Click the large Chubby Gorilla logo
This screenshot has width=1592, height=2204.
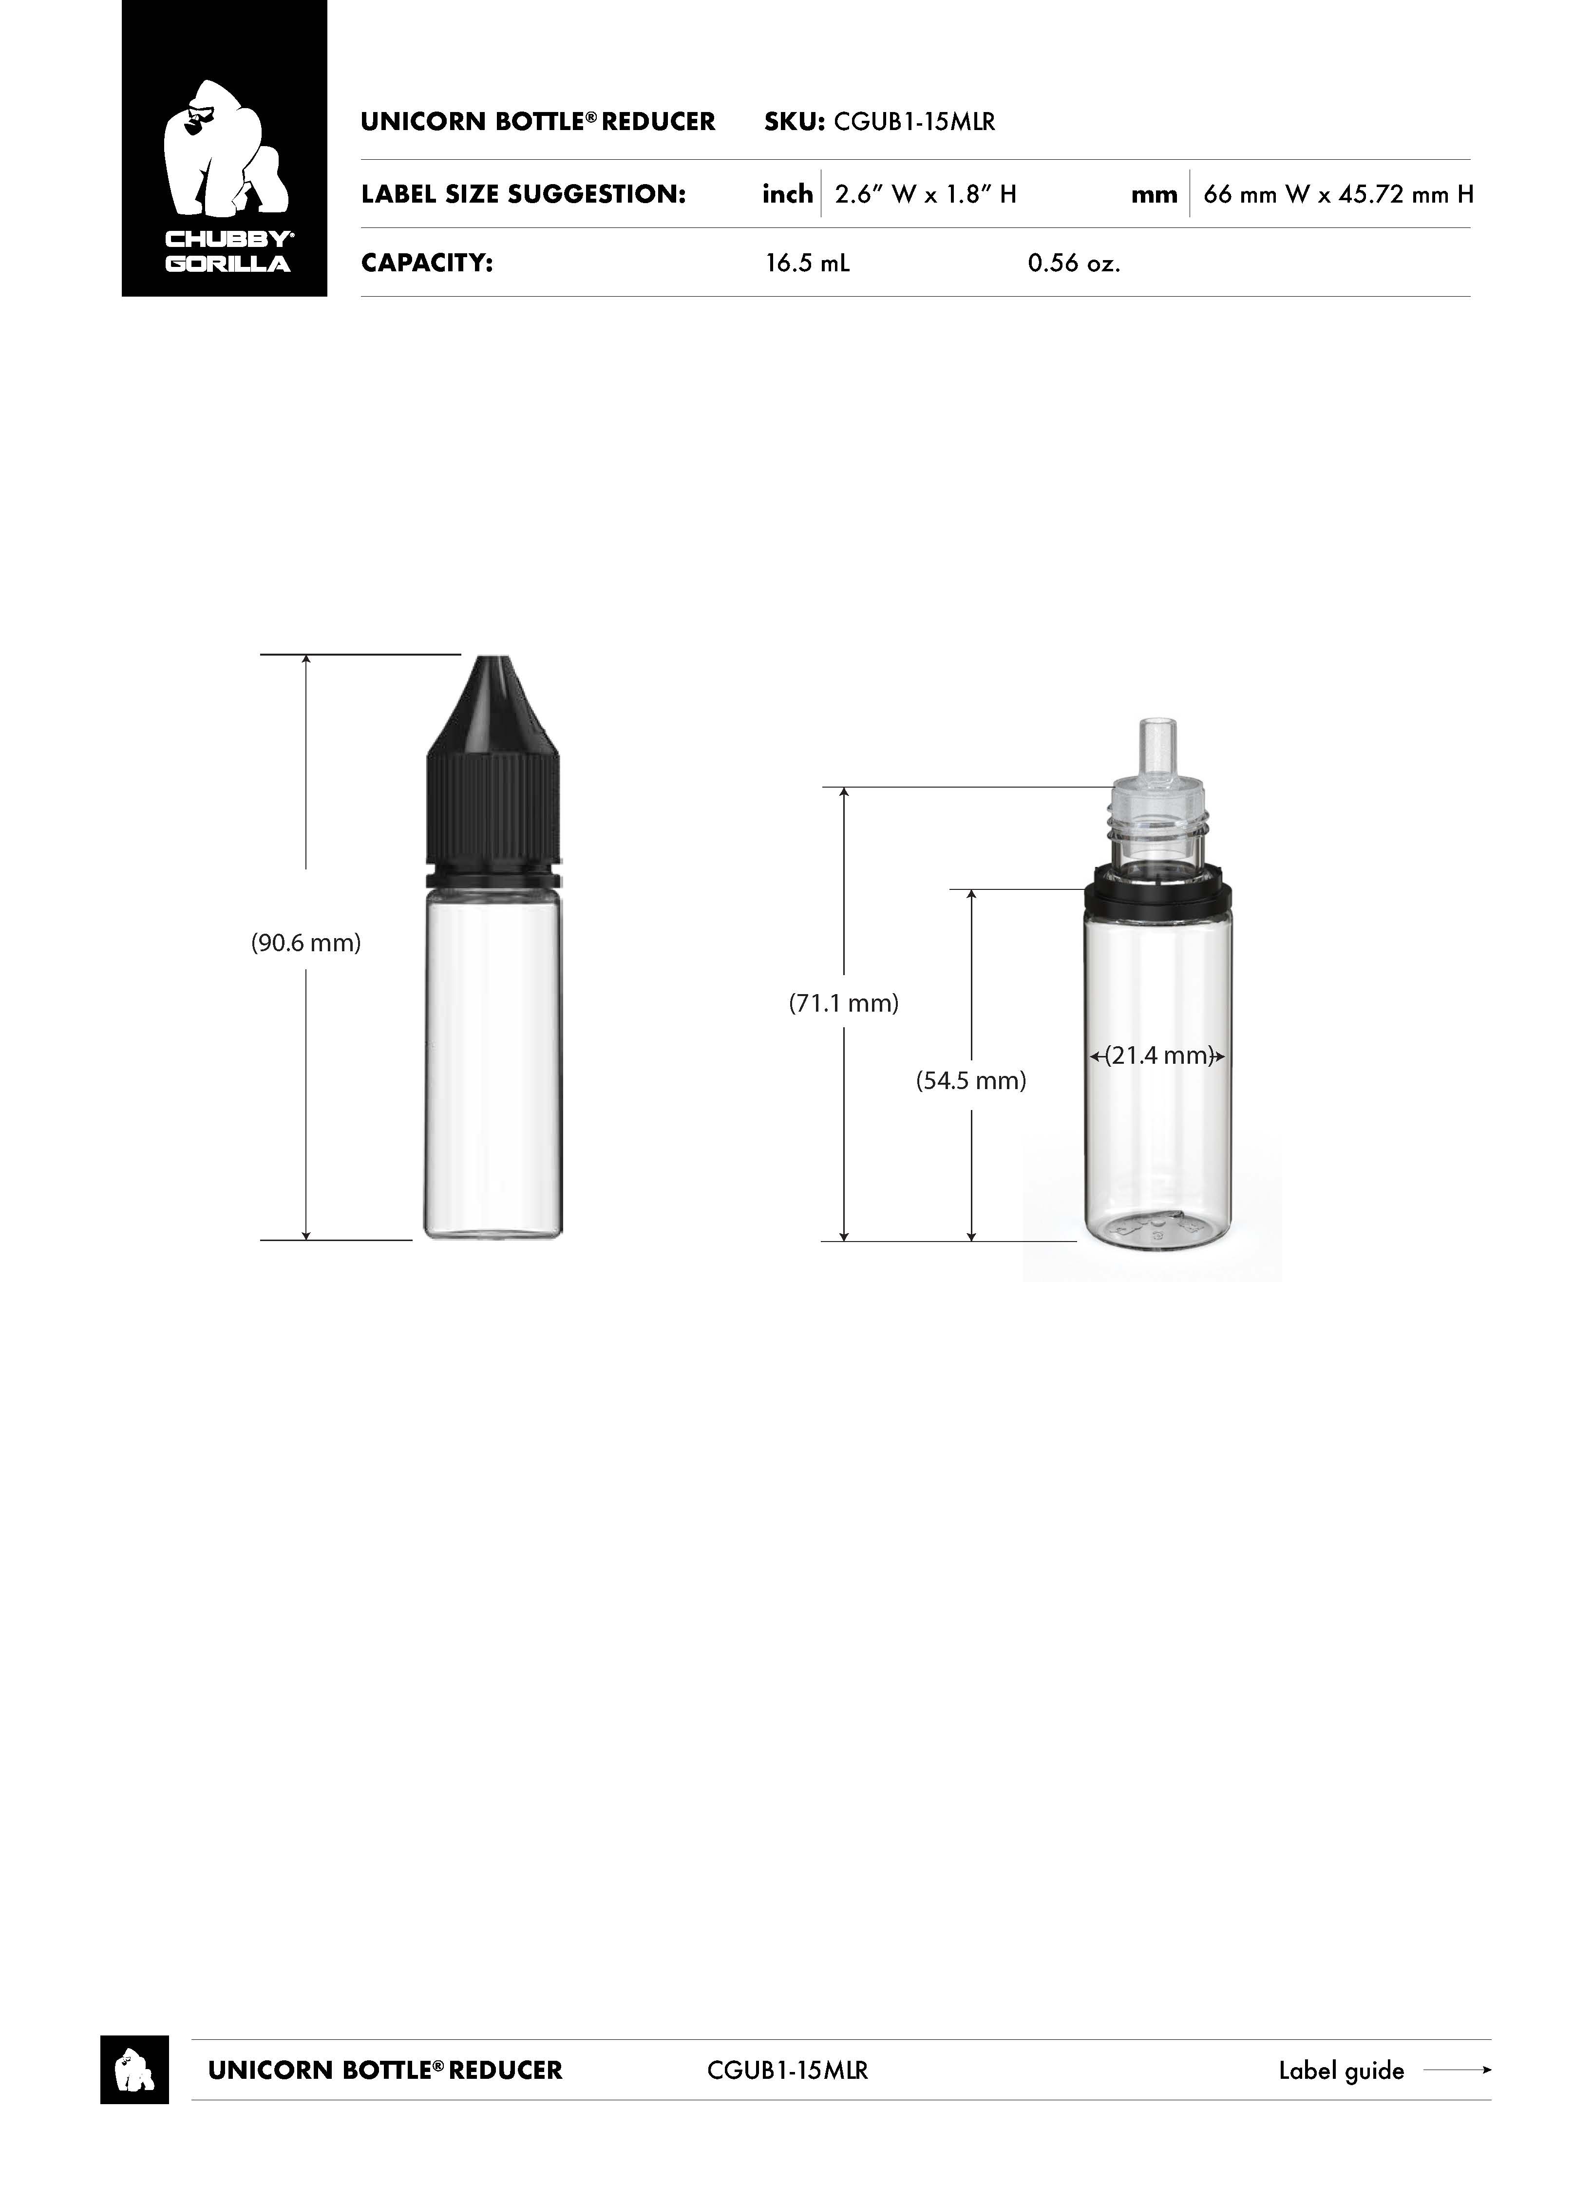coord(225,149)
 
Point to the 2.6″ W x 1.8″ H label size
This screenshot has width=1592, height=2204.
coord(925,194)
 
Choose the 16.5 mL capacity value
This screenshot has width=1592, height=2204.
coord(807,264)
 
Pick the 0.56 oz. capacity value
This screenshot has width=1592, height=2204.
coord(1074,264)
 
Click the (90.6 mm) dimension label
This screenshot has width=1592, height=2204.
coord(306,942)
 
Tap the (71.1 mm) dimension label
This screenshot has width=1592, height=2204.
coord(844,1003)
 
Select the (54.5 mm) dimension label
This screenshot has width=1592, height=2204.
coord(971,1081)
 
